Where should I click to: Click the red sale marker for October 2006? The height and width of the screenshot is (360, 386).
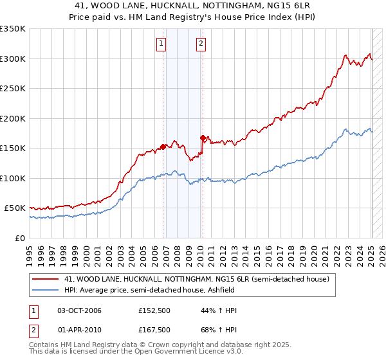(x=163, y=147)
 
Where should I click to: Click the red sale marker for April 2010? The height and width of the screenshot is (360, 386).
(x=203, y=138)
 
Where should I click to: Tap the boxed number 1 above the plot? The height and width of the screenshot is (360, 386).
(x=160, y=44)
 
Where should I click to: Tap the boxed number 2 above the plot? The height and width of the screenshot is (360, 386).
(x=201, y=44)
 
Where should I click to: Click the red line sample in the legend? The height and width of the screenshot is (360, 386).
(x=46, y=279)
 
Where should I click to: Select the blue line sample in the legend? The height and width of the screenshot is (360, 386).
(x=46, y=290)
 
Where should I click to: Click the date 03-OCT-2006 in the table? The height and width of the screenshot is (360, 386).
(x=79, y=310)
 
